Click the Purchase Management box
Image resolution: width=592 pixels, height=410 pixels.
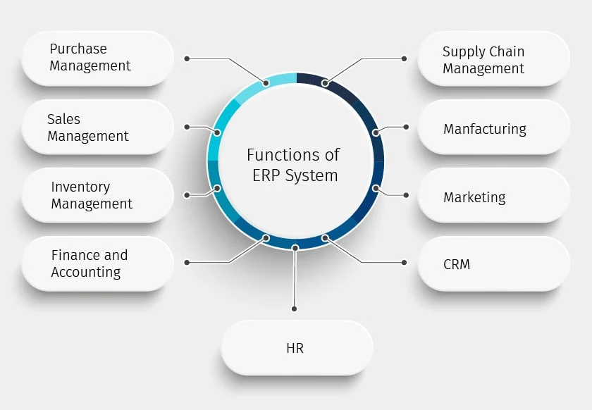[97, 58]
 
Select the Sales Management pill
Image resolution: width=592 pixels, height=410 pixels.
[97, 128]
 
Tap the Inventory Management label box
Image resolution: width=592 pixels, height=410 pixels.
[97, 196]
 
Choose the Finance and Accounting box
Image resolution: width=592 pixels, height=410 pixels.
[97, 264]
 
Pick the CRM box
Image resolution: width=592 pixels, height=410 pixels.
[493, 264]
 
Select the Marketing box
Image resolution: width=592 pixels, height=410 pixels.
[493, 197]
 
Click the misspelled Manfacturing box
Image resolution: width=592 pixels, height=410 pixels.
[493, 128]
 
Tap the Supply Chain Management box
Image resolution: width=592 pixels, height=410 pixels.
[493, 59]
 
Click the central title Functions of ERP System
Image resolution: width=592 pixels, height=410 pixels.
[293, 165]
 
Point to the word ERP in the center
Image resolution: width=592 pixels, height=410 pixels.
[267, 175]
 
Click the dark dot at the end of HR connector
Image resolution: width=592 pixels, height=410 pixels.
[295, 309]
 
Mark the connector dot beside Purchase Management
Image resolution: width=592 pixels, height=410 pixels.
[187, 58]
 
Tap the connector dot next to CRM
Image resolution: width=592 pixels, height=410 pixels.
[404, 262]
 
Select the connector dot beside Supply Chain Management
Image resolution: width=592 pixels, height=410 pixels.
[404, 58]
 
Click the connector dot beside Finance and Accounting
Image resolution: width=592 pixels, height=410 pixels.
[187, 262]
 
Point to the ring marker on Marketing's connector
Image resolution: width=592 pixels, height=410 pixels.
[376, 189]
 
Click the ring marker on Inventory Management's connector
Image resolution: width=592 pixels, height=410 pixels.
[217, 189]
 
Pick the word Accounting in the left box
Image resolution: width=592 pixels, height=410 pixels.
[86, 273]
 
